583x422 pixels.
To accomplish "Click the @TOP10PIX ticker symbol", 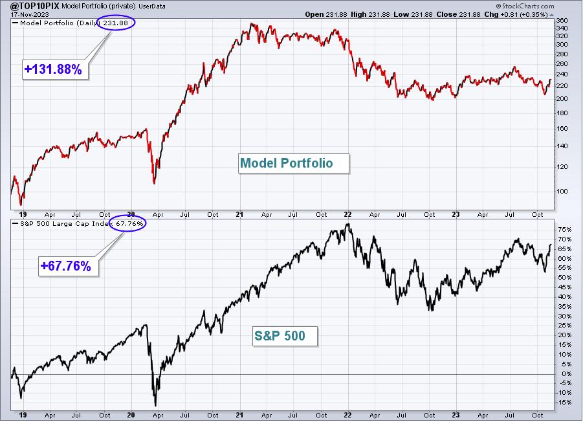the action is (x=35, y=6).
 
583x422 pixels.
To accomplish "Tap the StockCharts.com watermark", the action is (x=525, y=6).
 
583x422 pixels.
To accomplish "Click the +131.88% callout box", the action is (x=55, y=69).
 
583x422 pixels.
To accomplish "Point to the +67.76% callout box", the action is (x=69, y=266).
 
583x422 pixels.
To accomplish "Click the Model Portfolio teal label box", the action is (x=294, y=163).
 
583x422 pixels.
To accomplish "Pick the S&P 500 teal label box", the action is (x=285, y=336).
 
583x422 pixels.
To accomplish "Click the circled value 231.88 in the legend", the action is (x=116, y=23).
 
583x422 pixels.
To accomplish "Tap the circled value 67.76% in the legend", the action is (x=129, y=223).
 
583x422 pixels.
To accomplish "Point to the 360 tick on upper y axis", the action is (x=562, y=21).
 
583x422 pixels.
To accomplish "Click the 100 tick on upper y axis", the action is (x=562, y=191).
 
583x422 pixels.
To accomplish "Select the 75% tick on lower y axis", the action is (x=564, y=229).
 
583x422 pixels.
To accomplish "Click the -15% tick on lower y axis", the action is (x=564, y=403).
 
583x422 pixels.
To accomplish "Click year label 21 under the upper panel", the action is (x=239, y=214).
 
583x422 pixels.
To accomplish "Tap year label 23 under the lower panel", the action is (x=456, y=415).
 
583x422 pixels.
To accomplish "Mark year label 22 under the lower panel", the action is (x=347, y=415).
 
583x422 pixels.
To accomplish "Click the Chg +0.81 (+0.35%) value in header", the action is (x=516, y=14).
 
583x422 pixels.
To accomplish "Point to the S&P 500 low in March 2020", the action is (x=155, y=406).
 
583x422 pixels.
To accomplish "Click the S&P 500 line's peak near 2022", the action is (x=348, y=224).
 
